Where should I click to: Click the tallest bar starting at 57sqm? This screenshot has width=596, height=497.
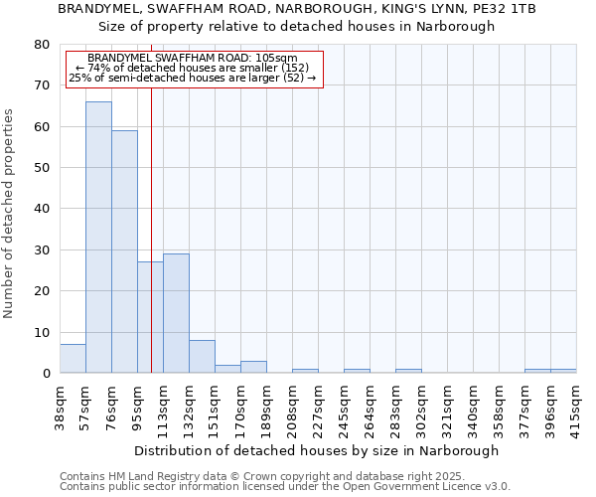point(98,238)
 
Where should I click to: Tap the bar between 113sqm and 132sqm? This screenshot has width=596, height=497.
point(176,313)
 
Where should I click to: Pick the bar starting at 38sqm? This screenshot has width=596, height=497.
point(73,359)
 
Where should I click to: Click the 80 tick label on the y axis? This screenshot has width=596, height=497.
point(42,45)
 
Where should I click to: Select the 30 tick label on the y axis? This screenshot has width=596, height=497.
point(42,250)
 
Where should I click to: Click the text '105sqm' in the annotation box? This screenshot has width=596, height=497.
point(276,59)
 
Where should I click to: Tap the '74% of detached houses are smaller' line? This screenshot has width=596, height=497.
point(193,68)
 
